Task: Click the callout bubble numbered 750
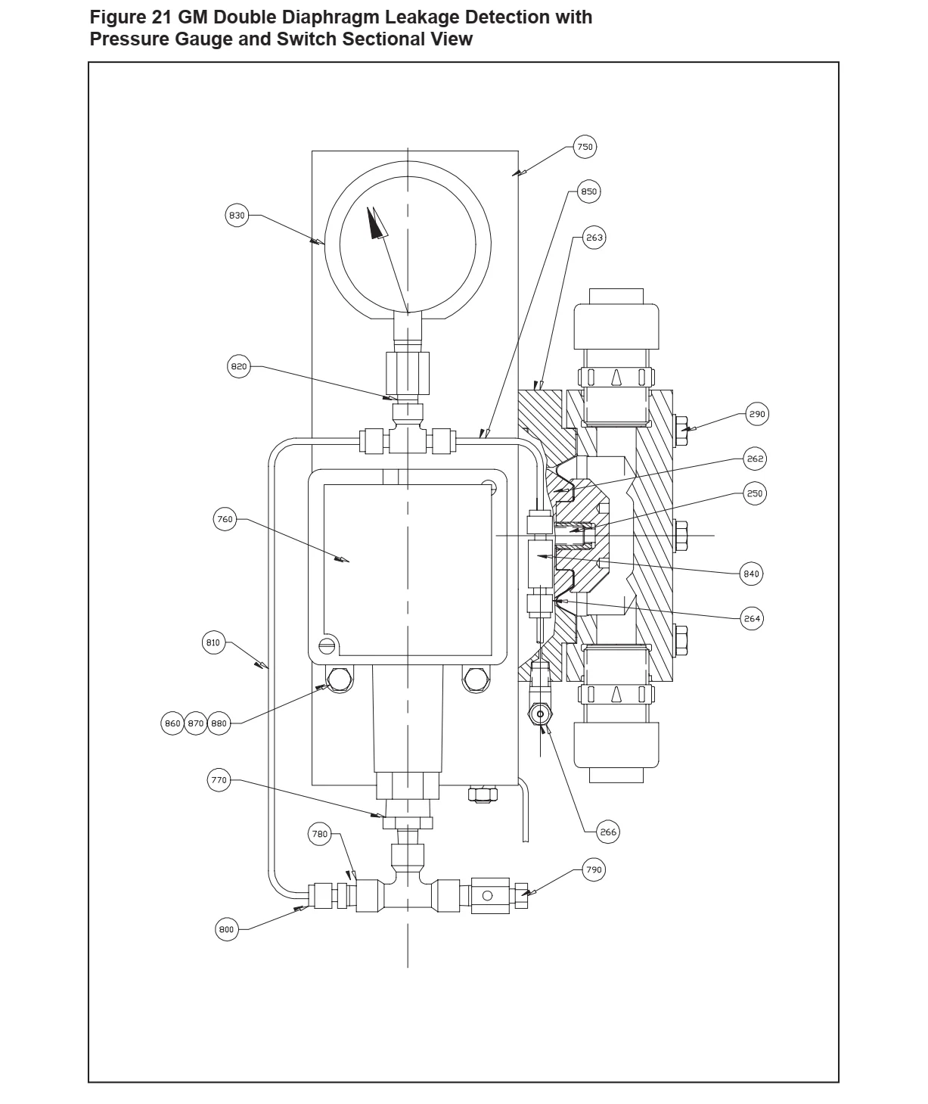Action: (x=585, y=147)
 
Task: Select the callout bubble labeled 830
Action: (x=237, y=216)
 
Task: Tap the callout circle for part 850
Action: (x=588, y=191)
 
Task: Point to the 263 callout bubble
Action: (x=594, y=238)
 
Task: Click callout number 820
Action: (x=238, y=367)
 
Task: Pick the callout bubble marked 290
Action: (x=757, y=414)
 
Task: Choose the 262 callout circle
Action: (x=755, y=459)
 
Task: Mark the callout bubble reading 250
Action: (x=755, y=493)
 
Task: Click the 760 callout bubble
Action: (x=225, y=520)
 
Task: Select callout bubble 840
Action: (x=750, y=574)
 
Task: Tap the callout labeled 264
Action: (x=751, y=618)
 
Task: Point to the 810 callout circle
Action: (x=213, y=643)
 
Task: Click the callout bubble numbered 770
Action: (x=219, y=781)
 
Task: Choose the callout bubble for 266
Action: (x=607, y=832)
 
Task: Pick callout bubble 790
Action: (x=594, y=870)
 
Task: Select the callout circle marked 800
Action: (x=227, y=930)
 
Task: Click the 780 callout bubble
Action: (x=320, y=834)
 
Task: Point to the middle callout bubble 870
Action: (x=196, y=723)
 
